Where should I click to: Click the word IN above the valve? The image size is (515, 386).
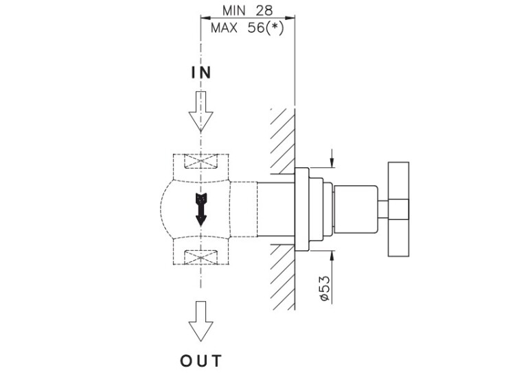point(201,73)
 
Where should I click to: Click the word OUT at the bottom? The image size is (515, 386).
point(201,360)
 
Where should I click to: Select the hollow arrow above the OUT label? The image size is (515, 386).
point(201,321)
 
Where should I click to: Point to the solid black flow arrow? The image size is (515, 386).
point(201,208)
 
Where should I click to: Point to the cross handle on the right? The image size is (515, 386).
point(398,210)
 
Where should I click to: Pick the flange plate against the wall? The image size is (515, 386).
point(302,209)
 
